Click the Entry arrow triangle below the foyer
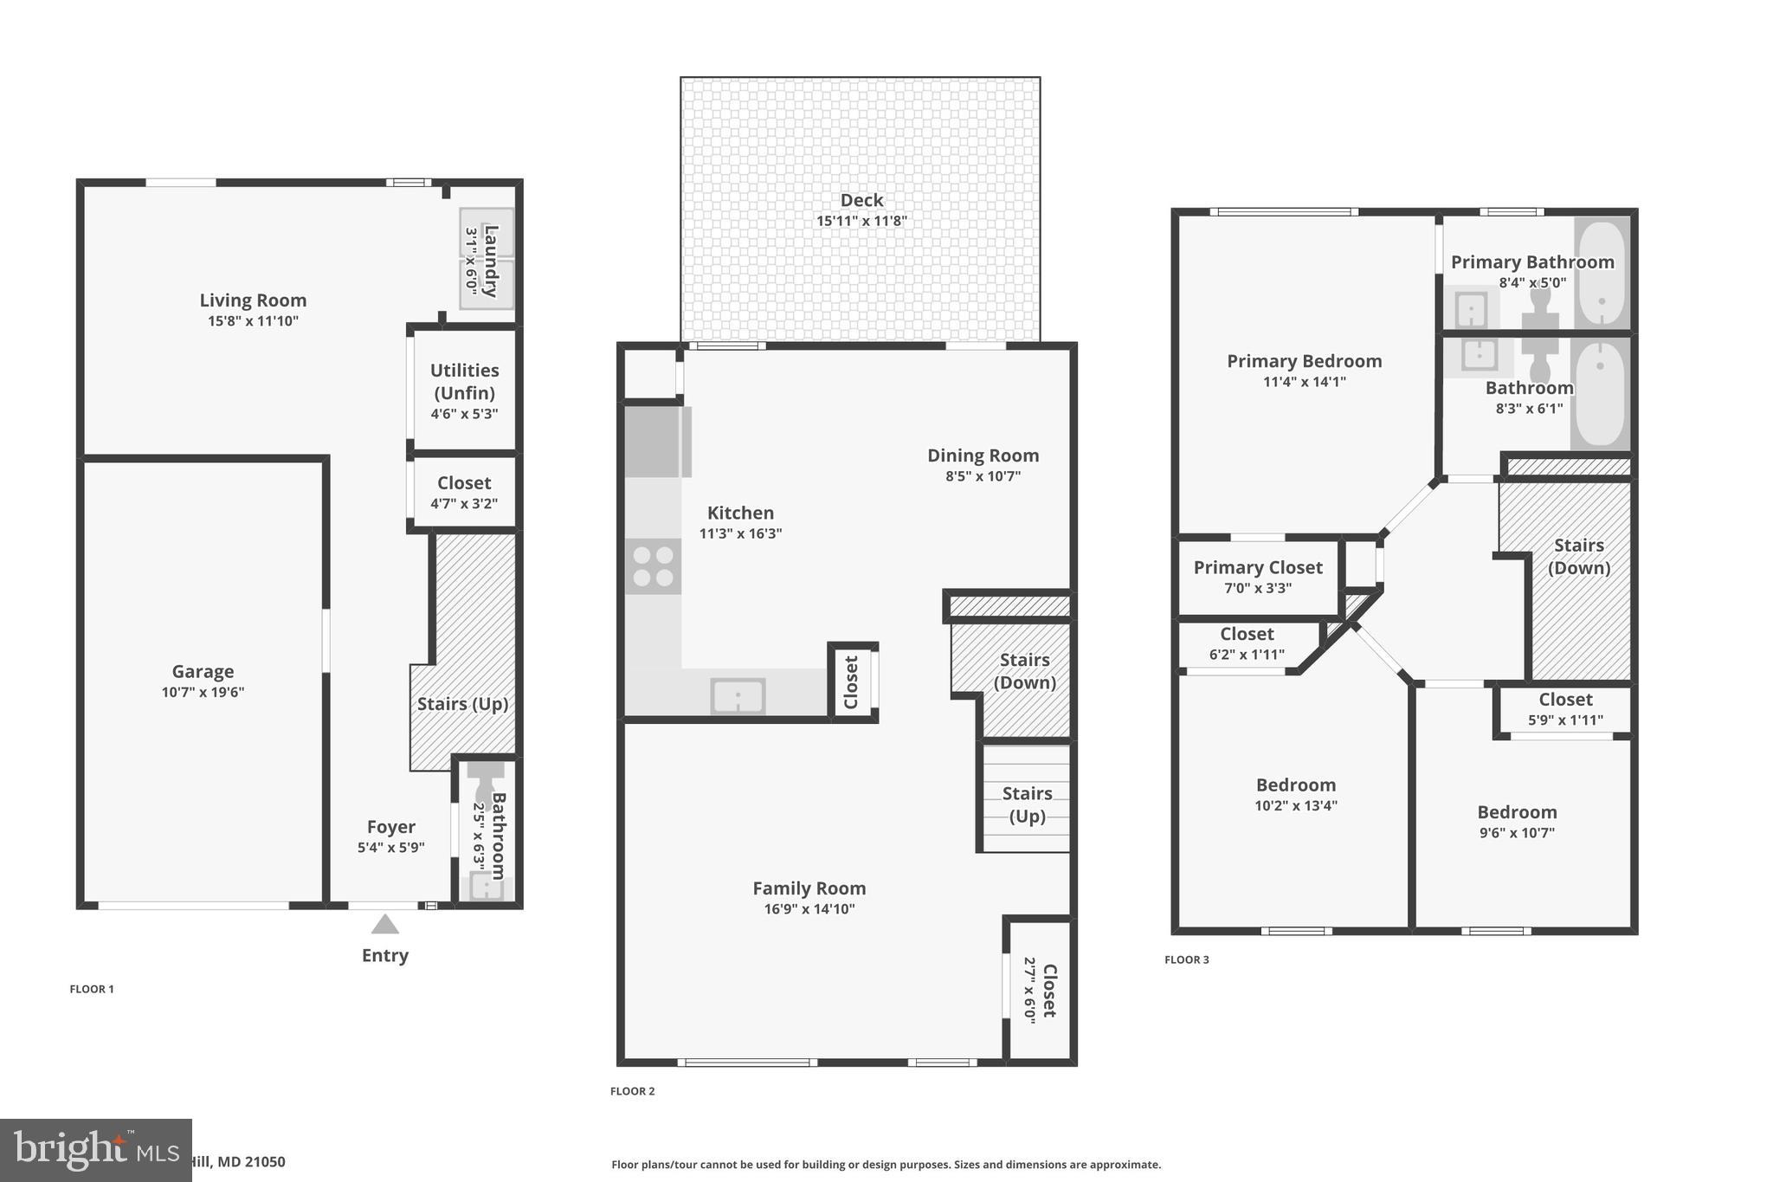pos(385,925)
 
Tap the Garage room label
pos(203,671)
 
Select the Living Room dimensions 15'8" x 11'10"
pos(253,321)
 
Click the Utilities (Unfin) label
pos(465,381)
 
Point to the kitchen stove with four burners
pos(654,566)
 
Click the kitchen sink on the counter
pos(738,695)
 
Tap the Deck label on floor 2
pos(861,200)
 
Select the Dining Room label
pos(983,455)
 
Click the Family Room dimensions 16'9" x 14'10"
pos(809,909)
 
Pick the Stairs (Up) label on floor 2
pos(1027,804)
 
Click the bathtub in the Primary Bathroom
pos(1602,273)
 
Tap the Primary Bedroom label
pos(1304,361)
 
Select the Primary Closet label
pos(1257,568)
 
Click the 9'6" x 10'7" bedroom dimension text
pos(1517,833)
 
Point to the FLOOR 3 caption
pos(1186,959)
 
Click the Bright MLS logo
pos(95,1150)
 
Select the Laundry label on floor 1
pos(490,261)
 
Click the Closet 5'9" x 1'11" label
pos(1564,700)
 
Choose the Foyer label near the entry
pos(390,827)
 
